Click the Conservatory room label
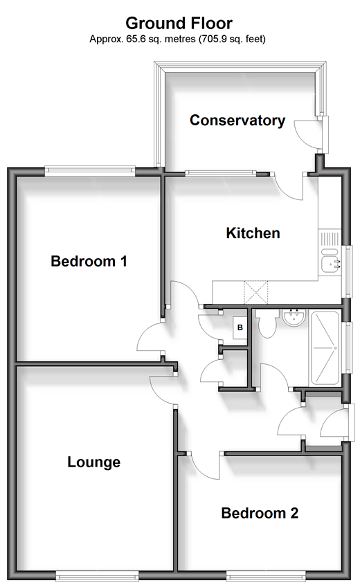click(237, 120)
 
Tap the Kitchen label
click(253, 233)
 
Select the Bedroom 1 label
click(89, 261)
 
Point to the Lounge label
click(94, 462)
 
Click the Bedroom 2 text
click(260, 513)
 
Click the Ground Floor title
click(179, 24)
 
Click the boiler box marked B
click(240, 327)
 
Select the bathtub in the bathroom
click(325, 349)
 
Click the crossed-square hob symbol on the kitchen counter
click(256, 292)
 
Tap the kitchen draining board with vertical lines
click(330, 238)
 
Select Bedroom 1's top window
click(90, 171)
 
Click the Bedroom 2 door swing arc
click(204, 467)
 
